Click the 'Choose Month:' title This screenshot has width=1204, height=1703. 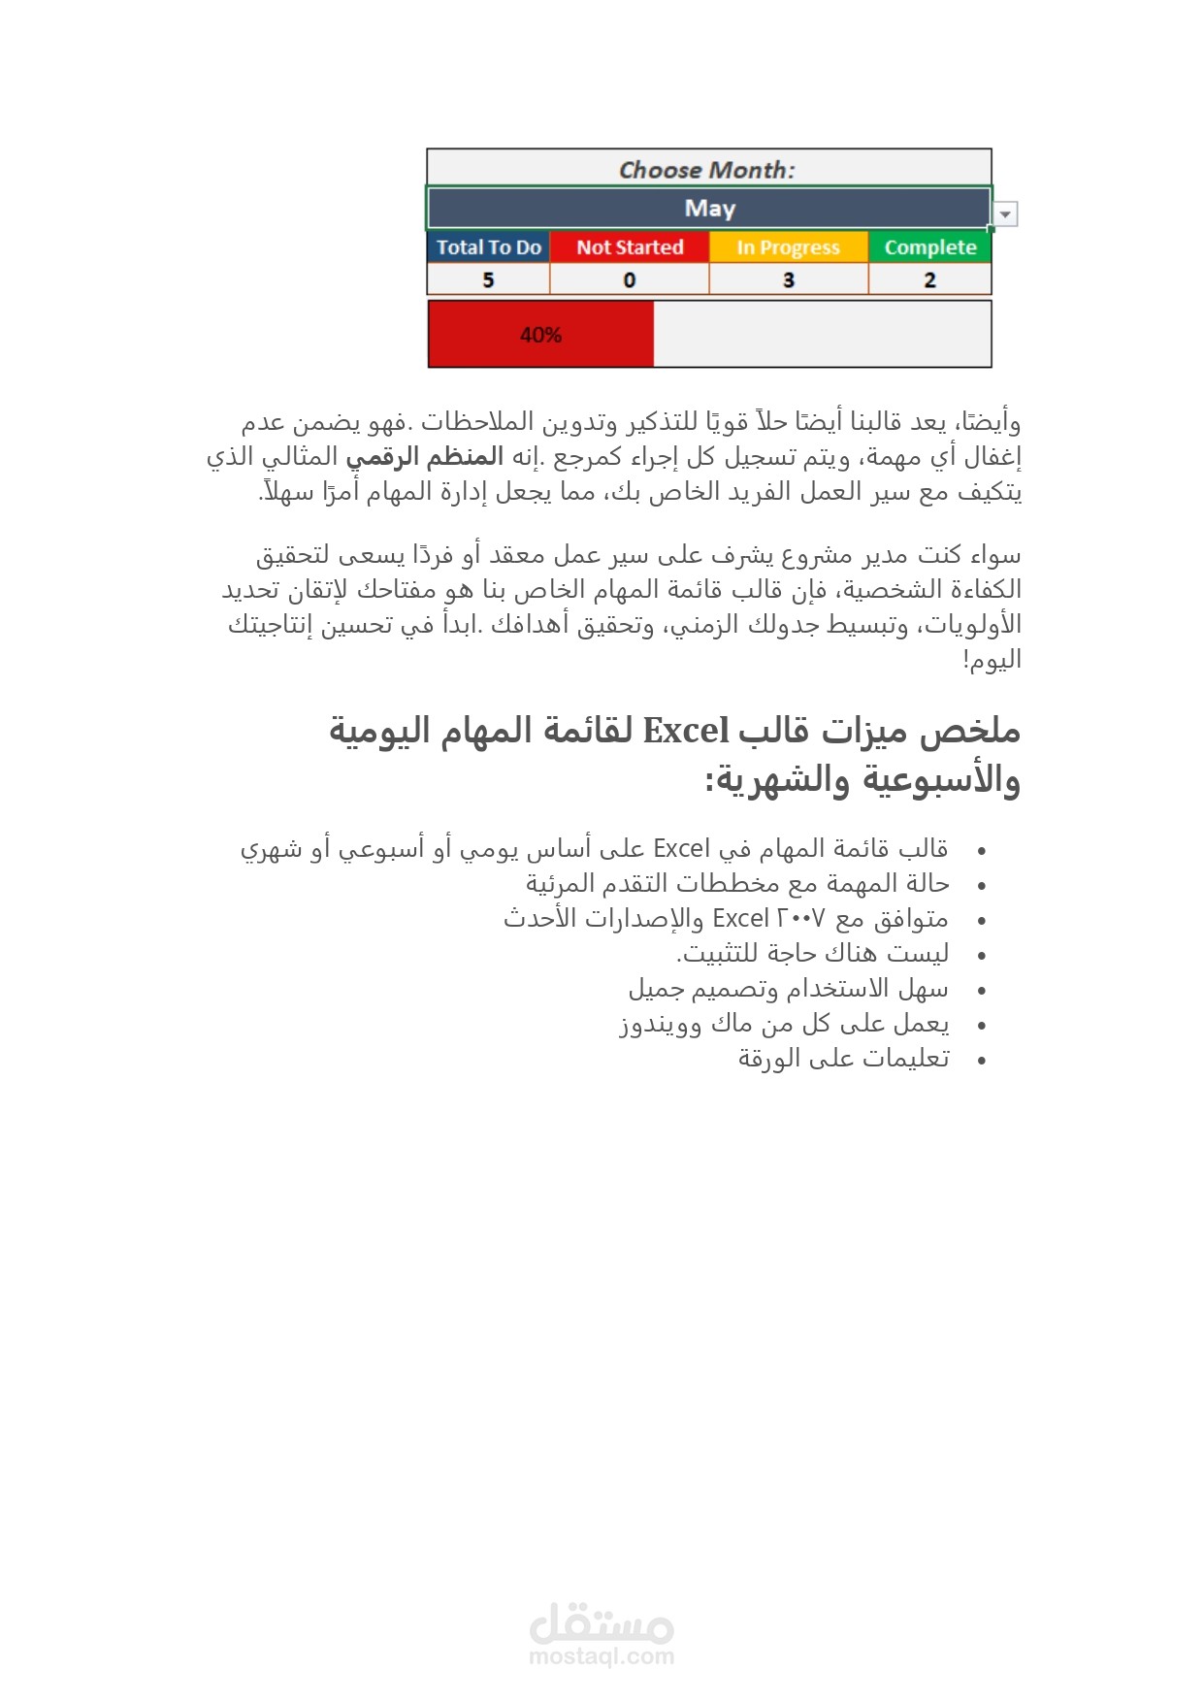(707, 170)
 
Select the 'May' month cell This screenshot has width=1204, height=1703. (709, 209)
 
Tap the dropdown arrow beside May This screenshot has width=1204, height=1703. (1006, 214)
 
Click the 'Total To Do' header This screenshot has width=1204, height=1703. (488, 247)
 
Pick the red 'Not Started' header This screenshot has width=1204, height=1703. (630, 247)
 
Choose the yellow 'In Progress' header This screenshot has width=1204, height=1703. (788, 247)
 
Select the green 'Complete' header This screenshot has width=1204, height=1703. (929, 247)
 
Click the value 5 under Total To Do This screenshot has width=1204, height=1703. (488, 280)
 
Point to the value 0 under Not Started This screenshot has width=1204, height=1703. (630, 280)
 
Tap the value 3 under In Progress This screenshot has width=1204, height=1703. (789, 280)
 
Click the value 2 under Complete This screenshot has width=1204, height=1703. (929, 280)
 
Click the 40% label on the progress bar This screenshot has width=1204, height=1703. (540, 335)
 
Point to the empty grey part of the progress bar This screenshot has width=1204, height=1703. (822, 335)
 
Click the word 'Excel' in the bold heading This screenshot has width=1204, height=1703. (686, 731)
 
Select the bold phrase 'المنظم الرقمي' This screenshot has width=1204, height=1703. (425, 456)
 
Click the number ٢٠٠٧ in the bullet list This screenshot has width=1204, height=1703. (801, 918)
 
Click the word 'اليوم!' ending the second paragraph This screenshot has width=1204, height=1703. (992, 660)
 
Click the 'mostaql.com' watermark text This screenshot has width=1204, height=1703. (602, 1656)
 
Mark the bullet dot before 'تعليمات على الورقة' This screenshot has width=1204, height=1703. (982, 1061)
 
